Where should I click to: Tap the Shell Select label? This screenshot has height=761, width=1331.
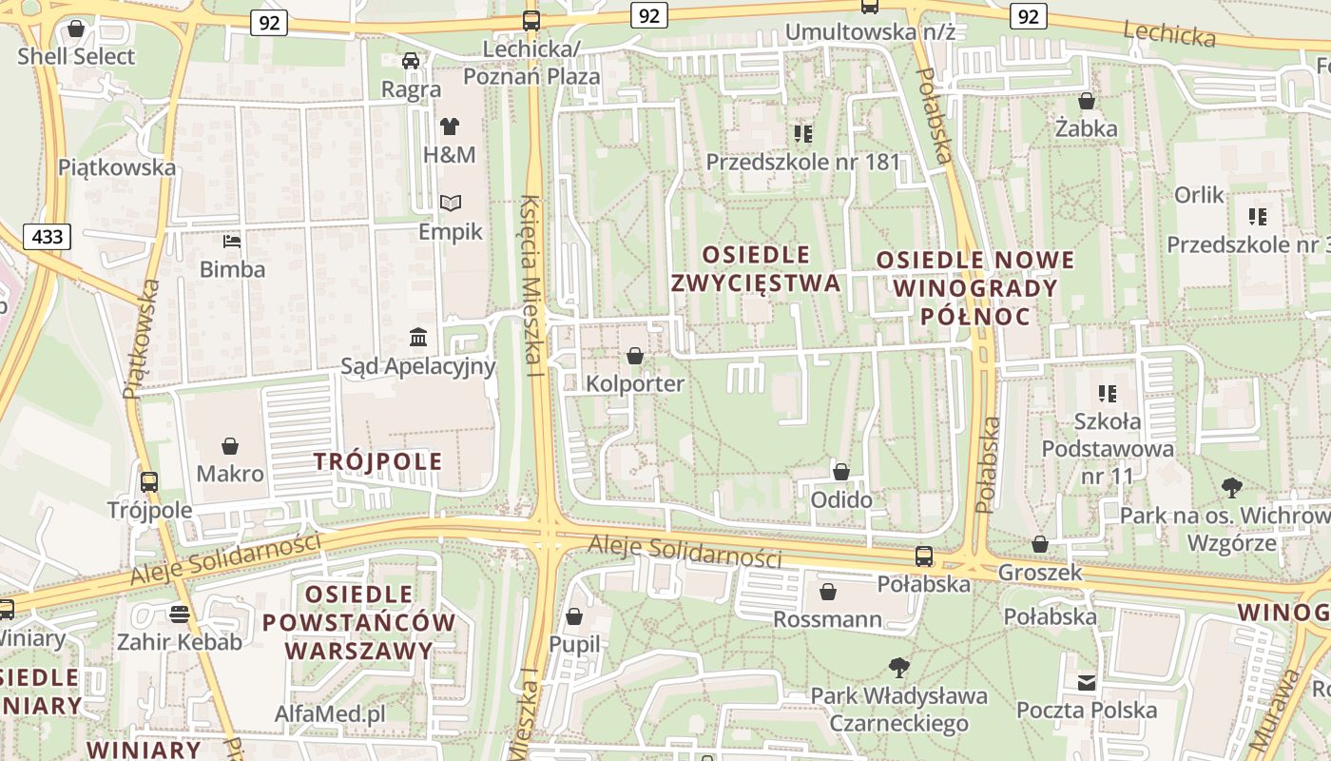[x=76, y=56]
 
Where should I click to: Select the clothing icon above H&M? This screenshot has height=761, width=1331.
[x=450, y=126]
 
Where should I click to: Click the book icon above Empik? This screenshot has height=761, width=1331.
[x=450, y=203]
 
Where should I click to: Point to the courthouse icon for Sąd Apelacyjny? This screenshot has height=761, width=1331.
[x=418, y=337]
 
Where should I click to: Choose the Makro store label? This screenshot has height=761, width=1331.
[x=230, y=473]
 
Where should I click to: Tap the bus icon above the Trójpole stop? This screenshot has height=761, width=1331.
[x=149, y=482]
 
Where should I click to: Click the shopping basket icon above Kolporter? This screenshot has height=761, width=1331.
[x=635, y=356]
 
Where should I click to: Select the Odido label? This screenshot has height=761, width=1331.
[x=841, y=499]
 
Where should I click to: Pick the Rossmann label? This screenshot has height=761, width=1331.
[x=827, y=620]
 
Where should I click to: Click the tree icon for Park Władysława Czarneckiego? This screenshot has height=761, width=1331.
[x=898, y=667]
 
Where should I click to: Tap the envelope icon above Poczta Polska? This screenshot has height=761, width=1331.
[x=1087, y=682]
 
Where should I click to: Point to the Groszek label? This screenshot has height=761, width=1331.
[x=1039, y=573]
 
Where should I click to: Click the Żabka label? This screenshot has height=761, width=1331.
[x=1087, y=127]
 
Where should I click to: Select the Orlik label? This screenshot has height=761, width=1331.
[x=1199, y=195]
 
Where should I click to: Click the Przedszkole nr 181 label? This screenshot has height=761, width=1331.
[x=802, y=162]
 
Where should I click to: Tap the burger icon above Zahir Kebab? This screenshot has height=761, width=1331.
[x=179, y=613]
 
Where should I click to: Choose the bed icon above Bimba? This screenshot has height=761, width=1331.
[x=232, y=241]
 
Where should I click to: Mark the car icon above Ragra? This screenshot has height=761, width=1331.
[x=411, y=61]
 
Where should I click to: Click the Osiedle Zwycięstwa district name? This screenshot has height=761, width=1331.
[x=756, y=268]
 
